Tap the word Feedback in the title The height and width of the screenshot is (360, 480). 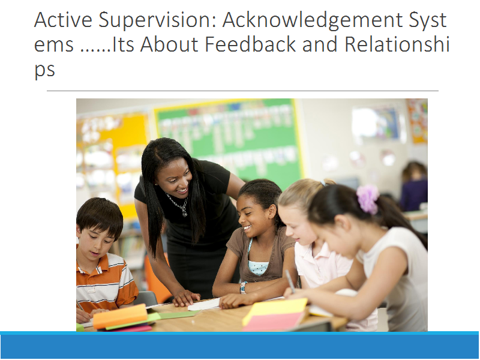pos(250,44)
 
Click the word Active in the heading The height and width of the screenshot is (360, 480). pos(63,20)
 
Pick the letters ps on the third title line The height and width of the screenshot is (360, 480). pos(44,70)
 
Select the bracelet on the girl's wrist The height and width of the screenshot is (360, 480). pos(244,288)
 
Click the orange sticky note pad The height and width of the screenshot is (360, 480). pos(120,316)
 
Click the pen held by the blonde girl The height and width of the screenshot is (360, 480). pos(290,281)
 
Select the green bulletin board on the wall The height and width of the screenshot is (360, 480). pos(228,141)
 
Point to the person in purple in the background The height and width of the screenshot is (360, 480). pos(414,186)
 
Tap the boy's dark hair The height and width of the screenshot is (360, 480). pos(100,216)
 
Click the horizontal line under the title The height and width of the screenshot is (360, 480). pos(242,91)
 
